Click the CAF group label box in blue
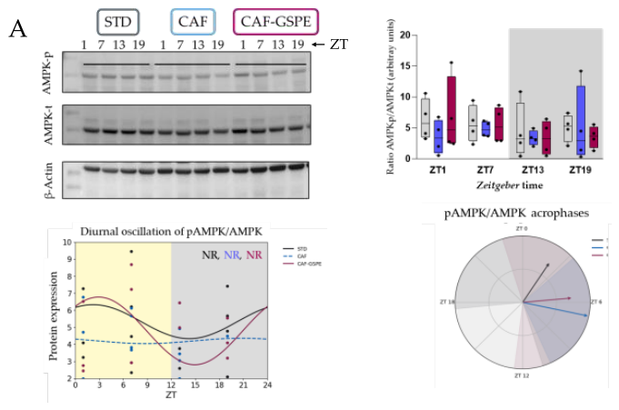(193, 21)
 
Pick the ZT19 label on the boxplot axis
(580, 169)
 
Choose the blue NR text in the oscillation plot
(232, 255)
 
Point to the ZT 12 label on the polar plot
(522, 374)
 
